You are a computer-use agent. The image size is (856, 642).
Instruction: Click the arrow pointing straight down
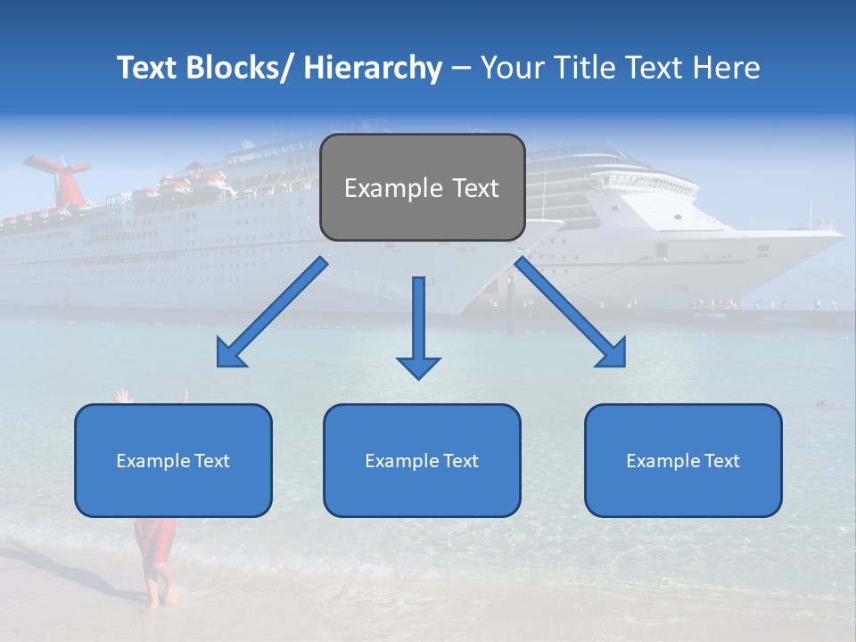pyautogui.click(x=418, y=330)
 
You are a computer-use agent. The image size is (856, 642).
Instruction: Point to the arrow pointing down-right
pyautogui.click(x=572, y=314)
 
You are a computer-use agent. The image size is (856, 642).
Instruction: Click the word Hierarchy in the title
pyautogui.click(x=373, y=68)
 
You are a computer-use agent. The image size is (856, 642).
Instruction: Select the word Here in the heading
pyautogui.click(x=728, y=68)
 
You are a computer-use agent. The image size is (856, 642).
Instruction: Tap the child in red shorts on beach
pyautogui.click(x=155, y=535)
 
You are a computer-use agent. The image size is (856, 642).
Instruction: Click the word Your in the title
pyautogui.click(x=508, y=68)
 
